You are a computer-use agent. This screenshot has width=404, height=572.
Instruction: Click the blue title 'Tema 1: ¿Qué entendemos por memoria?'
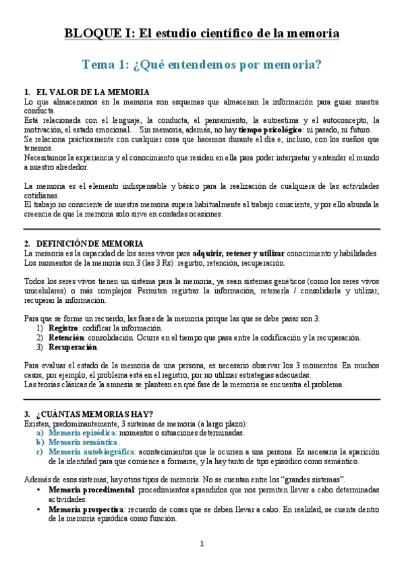pyautogui.click(x=202, y=64)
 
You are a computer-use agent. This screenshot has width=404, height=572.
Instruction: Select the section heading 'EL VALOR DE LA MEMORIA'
pyautogui.click(x=93, y=92)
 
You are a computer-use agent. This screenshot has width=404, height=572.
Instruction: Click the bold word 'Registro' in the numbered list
pyautogui.click(x=64, y=328)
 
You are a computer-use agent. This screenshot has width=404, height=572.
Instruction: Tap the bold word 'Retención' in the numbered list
pyautogui.click(x=66, y=338)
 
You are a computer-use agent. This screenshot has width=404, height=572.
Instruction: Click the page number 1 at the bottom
pyautogui.click(x=202, y=544)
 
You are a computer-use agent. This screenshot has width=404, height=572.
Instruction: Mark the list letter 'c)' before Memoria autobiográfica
pyautogui.click(x=40, y=451)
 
